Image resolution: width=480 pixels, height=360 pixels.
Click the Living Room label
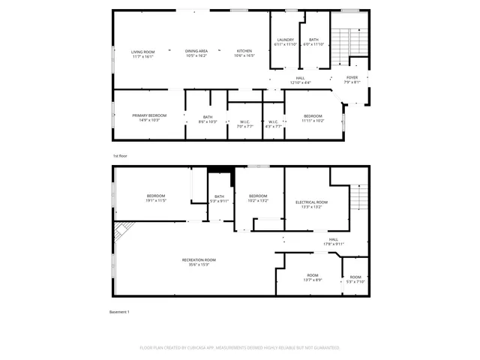point(142,53)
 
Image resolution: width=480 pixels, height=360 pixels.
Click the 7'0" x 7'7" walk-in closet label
point(244,124)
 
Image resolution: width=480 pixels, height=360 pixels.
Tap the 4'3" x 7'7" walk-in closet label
point(274,124)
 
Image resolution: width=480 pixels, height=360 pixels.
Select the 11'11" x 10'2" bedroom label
point(313,118)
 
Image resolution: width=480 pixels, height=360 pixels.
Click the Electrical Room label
point(311,204)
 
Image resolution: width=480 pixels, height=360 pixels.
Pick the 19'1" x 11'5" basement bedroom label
point(156,198)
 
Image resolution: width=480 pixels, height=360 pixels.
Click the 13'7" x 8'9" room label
point(313,277)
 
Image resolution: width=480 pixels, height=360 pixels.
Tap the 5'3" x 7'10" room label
point(355,279)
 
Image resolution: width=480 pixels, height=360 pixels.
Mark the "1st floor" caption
point(121,155)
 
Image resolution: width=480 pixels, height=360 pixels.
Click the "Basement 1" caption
point(120,312)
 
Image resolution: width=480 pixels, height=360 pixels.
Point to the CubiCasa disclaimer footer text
point(240,348)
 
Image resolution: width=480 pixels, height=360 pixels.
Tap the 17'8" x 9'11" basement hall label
point(334,241)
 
